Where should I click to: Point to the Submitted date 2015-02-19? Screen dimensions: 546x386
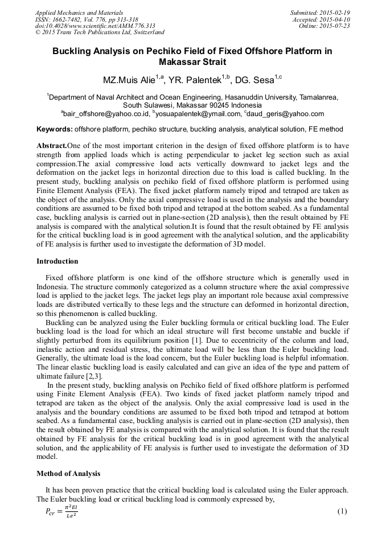click(320, 13)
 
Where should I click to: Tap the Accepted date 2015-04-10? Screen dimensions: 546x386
click(321, 19)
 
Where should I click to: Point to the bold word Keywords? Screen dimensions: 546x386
click(54, 129)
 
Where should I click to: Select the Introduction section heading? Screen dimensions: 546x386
click(58, 261)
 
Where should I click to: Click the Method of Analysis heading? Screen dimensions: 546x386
click(68, 474)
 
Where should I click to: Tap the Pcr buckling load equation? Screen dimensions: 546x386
click(61, 511)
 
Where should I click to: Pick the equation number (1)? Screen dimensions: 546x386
click(342, 511)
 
